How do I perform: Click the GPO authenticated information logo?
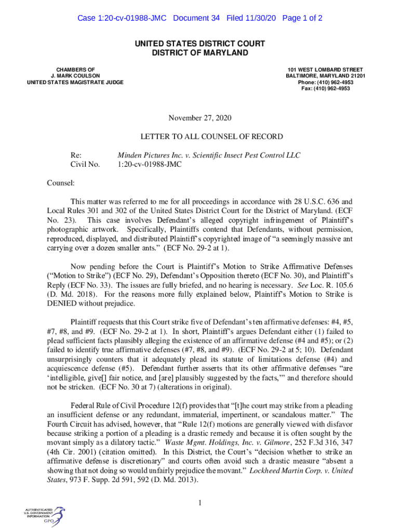(44, 514)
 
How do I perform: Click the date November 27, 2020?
(199, 118)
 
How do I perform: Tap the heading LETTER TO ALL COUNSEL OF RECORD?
(211, 137)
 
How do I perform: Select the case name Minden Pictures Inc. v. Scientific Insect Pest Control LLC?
(208, 155)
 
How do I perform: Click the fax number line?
(325, 88)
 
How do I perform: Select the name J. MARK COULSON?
(75, 76)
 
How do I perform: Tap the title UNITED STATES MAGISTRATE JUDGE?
(75, 82)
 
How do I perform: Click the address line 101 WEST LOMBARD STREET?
(325, 70)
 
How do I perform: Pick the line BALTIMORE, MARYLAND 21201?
(325, 76)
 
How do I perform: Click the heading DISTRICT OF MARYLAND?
(200, 53)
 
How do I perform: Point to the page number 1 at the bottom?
(200, 502)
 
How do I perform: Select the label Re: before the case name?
(76, 155)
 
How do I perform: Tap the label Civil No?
(85, 165)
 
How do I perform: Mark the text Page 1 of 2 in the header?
(302, 18)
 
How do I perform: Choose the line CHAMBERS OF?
(75, 70)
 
